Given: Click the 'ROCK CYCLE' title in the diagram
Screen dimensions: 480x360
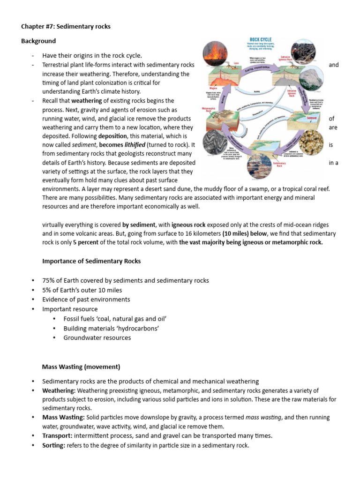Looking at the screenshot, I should point(262,39).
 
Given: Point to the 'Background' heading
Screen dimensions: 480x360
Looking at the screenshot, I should point(38,41).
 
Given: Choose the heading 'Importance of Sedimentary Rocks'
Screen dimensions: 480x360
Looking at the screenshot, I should point(91,261).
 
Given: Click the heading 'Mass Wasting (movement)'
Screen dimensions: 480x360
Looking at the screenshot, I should point(81,367).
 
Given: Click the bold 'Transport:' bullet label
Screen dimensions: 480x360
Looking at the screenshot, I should point(58,436).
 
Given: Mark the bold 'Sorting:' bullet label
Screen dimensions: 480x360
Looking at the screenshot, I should point(54,446).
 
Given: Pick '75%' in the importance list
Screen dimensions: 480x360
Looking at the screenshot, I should point(49,281).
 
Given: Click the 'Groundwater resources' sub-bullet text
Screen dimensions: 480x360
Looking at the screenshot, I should point(97,338).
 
